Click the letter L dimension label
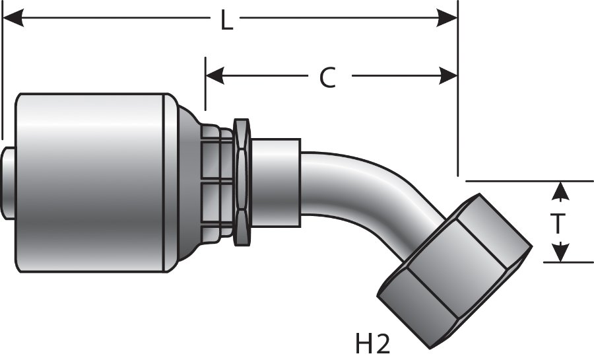pos(226,22)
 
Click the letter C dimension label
pos(327,78)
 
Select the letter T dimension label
pos(558,224)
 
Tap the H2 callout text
pos(372,343)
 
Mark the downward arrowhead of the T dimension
pos(560,253)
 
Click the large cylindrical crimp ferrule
pos(92,182)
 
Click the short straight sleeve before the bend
pos(275,174)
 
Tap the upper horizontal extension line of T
pos(528,181)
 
